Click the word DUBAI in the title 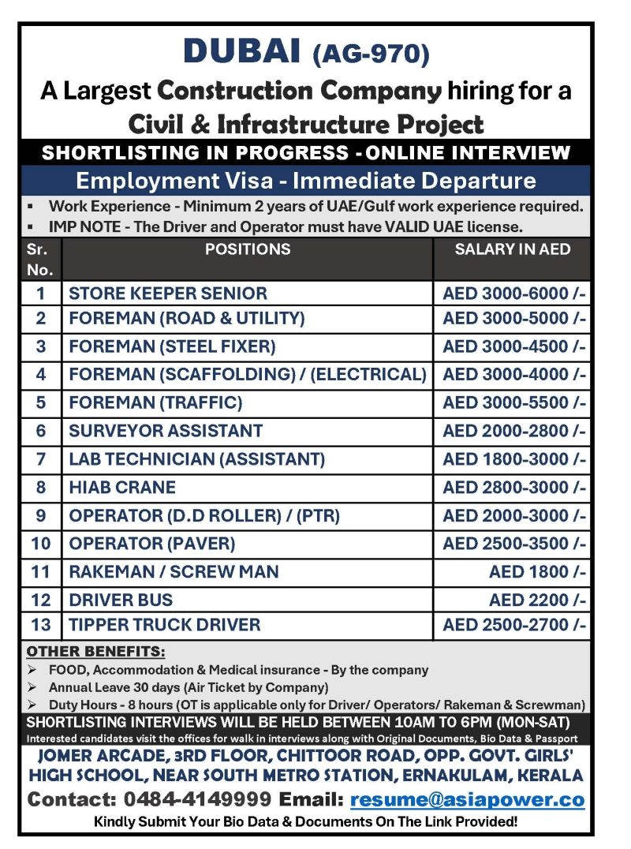coord(241,52)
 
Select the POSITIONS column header coord(248,250)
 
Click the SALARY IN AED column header coord(512,250)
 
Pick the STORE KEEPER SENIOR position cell coord(168,294)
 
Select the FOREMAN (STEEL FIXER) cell coord(172,346)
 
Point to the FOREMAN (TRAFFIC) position coord(155,402)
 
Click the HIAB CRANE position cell coord(122,488)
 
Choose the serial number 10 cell coord(41,544)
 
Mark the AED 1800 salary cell coord(537,572)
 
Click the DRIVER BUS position coord(121,600)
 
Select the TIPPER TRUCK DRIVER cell coord(164,625)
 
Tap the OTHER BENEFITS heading coord(96,652)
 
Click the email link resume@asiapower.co coord(467,799)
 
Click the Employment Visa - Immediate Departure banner coord(305,181)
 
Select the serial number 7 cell coord(41,459)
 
